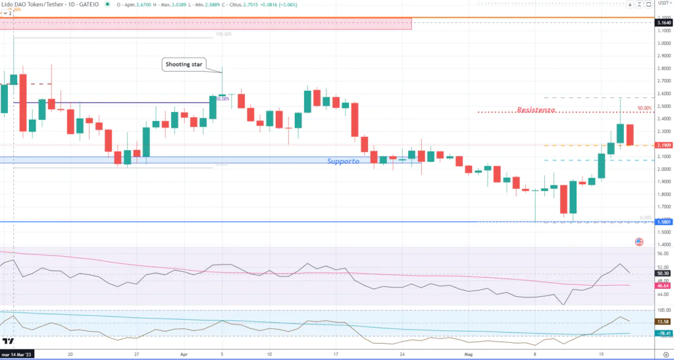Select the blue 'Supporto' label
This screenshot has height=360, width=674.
click(x=344, y=161)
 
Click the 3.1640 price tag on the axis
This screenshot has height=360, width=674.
click(x=663, y=23)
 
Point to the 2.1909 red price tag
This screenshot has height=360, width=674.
click(x=663, y=145)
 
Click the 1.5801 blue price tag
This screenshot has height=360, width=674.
click(x=663, y=222)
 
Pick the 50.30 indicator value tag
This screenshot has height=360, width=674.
click(x=663, y=272)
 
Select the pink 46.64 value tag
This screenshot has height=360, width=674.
click(x=663, y=286)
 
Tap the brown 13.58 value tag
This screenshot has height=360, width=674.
click(x=663, y=321)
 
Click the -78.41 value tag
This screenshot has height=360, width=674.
click(x=663, y=334)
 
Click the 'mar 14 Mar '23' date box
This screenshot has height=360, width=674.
click(x=20, y=353)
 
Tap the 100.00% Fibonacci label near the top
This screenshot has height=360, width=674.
click(x=224, y=34)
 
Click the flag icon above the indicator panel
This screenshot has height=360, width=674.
click(x=639, y=242)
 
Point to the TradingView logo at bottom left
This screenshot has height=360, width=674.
click(x=9, y=341)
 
